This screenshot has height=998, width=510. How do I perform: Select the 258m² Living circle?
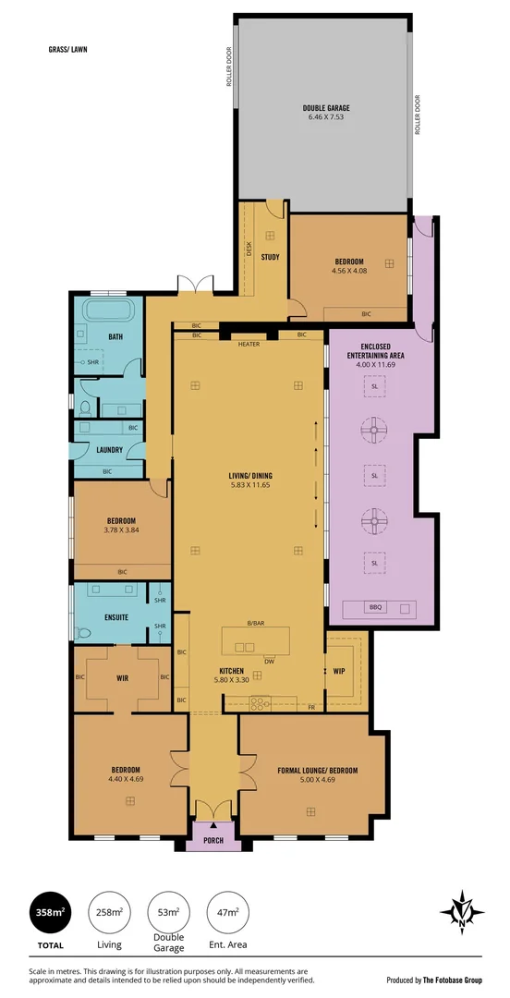coord(108,912)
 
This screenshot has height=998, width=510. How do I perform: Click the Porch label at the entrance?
coord(213,840)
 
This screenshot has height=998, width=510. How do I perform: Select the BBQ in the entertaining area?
coord(375,607)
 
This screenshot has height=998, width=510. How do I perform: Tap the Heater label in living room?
coord(249,345)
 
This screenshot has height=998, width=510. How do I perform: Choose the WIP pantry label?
coord(338,672)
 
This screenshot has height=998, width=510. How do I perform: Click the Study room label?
coord(271,257)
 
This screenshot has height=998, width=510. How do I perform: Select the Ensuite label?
coord(116,616)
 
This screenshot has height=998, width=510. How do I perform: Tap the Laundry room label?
coord(110,450)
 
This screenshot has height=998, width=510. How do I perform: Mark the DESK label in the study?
coord(249,247)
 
